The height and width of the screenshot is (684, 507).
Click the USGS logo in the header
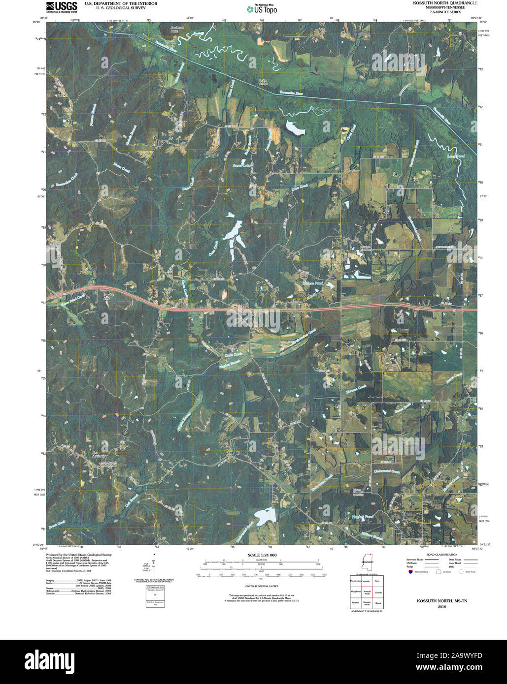(x=61, y=6)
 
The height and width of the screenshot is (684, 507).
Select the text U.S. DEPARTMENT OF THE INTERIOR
(x=121, y=3)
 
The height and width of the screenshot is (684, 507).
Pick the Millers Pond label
(x=313, y=283)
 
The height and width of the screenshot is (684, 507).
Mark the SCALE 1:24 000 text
(x=263, y=555)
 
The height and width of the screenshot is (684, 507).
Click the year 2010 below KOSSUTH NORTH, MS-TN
(x=441, y=607)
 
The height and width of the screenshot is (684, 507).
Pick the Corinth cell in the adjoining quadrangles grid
(x=378, y=592)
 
